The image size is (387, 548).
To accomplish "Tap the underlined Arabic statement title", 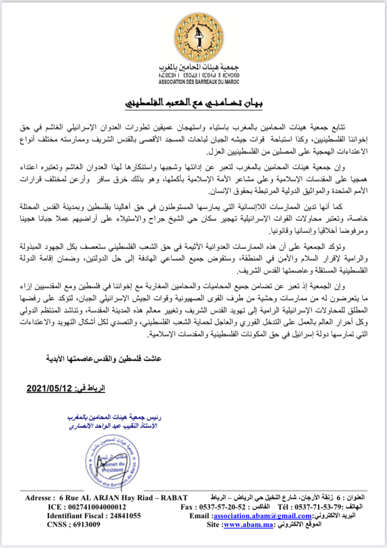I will click(195, 104).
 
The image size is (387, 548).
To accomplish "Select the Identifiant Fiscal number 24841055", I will click(118, 516).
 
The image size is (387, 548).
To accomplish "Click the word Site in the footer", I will click(213, 525).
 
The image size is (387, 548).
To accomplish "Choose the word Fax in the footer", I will click(187, 507).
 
